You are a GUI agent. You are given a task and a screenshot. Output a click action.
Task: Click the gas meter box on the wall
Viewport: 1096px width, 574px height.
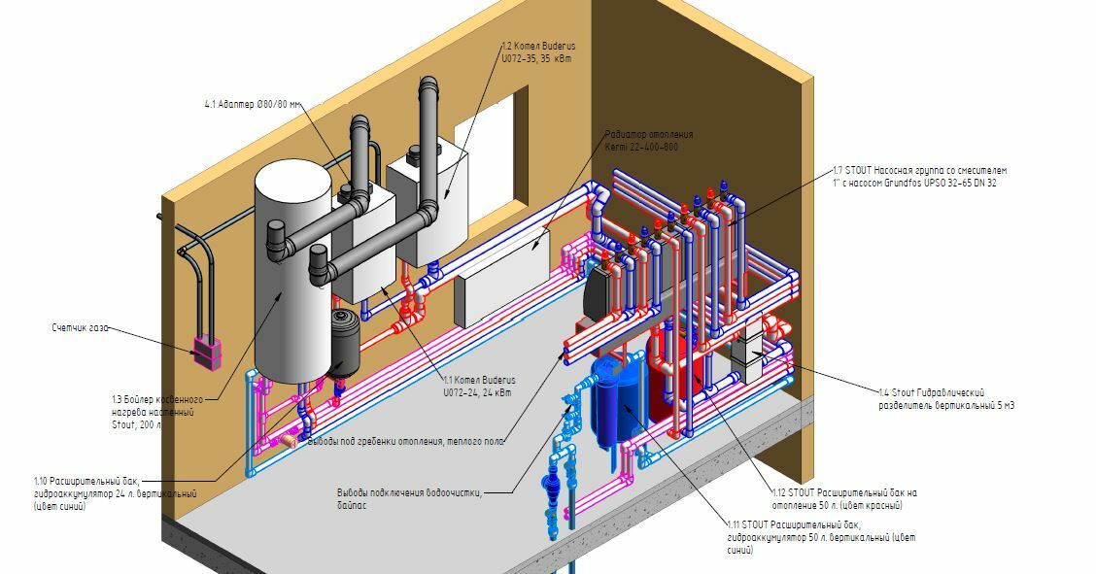(206, 352)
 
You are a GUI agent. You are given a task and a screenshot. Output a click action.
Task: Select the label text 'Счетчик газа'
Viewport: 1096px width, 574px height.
(81, 328)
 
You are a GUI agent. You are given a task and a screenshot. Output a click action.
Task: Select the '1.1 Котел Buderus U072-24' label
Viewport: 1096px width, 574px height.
(479, 386)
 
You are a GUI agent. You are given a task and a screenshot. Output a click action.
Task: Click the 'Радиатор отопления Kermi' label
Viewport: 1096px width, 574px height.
(648, 140)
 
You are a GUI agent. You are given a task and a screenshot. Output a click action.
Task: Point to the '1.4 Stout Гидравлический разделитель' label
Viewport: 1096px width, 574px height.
(946, 398)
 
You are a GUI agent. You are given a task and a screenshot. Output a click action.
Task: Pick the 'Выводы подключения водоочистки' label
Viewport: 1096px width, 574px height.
(408, 497)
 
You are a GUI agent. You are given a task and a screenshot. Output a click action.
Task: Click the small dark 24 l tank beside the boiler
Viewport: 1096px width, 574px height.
(342, 342)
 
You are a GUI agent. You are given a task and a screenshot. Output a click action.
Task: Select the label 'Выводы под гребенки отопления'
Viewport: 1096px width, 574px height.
(406, 442)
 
